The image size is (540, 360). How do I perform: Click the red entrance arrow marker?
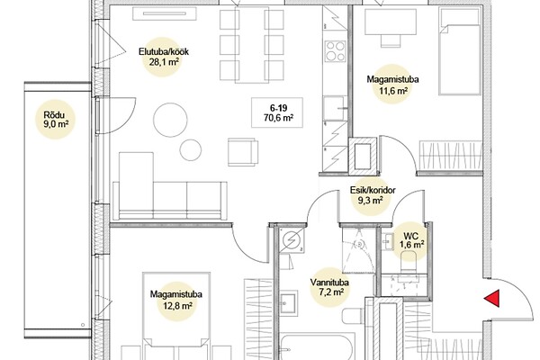click(x=491, y=298)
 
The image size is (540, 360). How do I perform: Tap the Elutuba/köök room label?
click(x=164, y=52)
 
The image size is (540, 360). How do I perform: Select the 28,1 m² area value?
click(x=161, y=62)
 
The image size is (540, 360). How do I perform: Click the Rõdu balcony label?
click(x=54, y=115)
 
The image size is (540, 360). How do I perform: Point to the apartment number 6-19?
click(x=278, y=109)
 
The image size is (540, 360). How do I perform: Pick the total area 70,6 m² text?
click(x=279, y=118)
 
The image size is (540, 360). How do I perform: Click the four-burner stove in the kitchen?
click(x=335, y=51)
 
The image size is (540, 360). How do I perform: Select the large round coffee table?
click(x=170, y=120)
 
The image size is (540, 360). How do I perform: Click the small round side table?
click(x=191, y=150)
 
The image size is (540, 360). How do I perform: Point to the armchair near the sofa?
click(x=243, y=153)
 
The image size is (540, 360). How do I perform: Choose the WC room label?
click(x=411, y=236)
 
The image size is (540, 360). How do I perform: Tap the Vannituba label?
click(x=329, y=283)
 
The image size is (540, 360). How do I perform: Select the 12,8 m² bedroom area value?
click(x=176, y=305)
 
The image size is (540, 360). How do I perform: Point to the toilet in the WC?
click(x=409, y=263)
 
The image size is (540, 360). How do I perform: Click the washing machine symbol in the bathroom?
click(x=292, y=240)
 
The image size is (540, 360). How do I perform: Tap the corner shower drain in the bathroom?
click(x=360, y=244)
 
